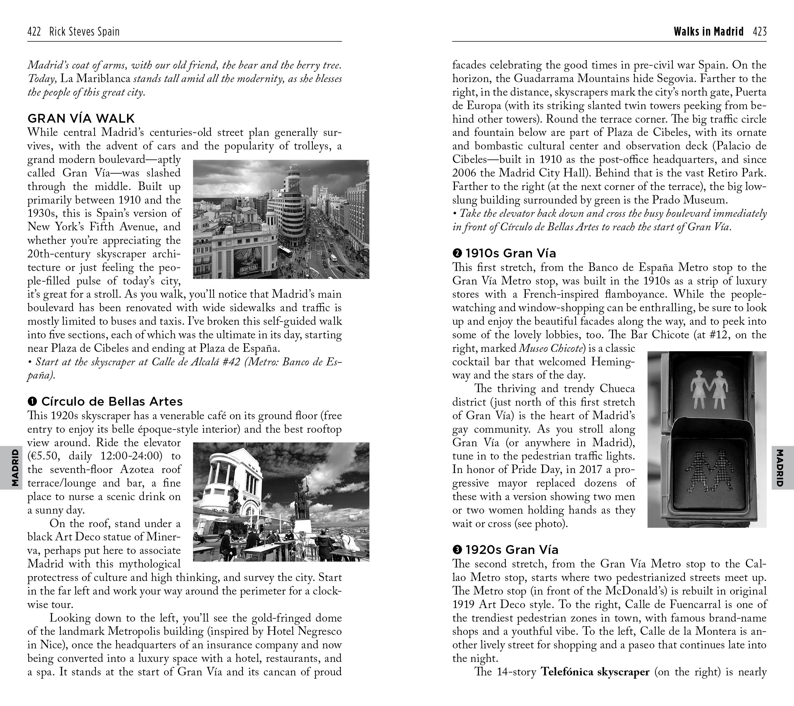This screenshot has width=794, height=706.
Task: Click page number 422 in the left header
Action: point(34,32)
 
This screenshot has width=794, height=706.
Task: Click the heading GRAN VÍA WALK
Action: point(81,119)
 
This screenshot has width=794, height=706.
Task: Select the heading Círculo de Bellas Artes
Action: point(112,401)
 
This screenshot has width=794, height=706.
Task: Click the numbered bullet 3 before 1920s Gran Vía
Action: point(457,550)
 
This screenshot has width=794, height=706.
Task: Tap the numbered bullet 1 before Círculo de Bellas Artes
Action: point(32,401)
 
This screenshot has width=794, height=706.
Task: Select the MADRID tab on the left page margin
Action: point(15,467)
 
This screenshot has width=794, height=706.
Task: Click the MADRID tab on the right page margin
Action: point(779,467)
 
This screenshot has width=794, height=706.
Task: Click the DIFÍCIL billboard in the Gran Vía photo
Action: point(249,268)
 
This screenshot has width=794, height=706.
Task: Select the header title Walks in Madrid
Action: point(708,32)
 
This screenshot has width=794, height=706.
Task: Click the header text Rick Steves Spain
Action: point(84,32)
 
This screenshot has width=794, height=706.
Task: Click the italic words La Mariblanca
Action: point(96,79)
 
